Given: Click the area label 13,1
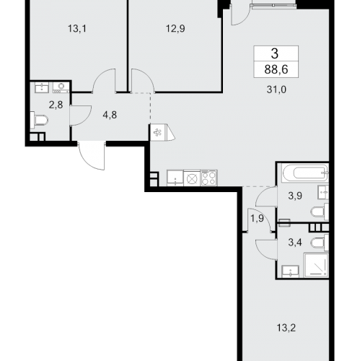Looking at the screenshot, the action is tap(77, 29).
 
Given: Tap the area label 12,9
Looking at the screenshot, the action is tap(175, 29).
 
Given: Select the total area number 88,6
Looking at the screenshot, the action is tap(276, 70).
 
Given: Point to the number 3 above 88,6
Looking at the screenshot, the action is tap(275, 53).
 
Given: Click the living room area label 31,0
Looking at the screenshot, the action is tap(276, 90).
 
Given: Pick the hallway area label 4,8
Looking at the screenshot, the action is tap(110, 115).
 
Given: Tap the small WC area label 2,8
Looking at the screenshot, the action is tap(56, 105).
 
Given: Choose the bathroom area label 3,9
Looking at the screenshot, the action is tap(295, 196).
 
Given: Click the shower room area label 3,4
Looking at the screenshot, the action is tap(295, 243).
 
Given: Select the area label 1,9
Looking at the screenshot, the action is tap(257, 219).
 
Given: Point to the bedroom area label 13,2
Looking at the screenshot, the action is tap(286, 328).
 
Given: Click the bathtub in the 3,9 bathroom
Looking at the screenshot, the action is tap(305, 173).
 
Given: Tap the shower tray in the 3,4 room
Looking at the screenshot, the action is tap(316, 265).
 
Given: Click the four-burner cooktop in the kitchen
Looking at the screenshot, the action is tap(209, 178).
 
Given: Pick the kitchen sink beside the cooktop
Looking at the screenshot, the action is tap(175, 178).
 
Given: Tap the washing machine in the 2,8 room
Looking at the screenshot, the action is tap(61, 87).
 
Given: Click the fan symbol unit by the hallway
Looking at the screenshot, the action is tap(158, 132).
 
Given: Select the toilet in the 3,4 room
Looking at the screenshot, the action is tap(320, 243).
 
